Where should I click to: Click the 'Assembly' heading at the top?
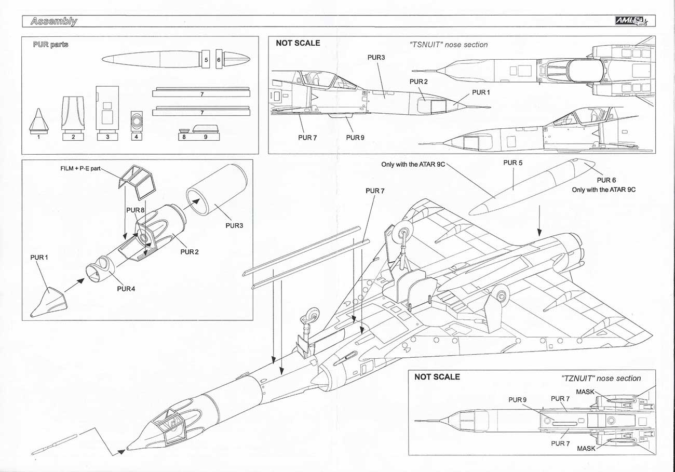tap(53, 21)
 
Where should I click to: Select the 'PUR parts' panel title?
tap(50, 45)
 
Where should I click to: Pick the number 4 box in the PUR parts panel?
tap(136, 137)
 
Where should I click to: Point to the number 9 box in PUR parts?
tap(205, 137)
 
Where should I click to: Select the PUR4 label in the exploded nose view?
tap(126, 289)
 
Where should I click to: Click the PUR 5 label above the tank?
tap(513, 163)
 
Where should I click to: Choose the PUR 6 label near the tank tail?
tap(606, 180)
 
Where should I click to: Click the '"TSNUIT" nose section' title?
tap(449, 45)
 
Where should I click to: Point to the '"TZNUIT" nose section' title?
tap(601, 378)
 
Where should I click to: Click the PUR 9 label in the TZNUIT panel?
tap(518, 400)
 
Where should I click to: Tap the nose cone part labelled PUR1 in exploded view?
tap(50, 302)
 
